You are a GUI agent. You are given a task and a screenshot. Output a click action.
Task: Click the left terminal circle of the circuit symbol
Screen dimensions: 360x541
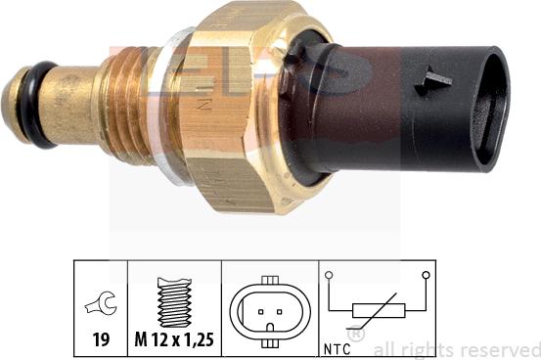(x=330, y=277)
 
